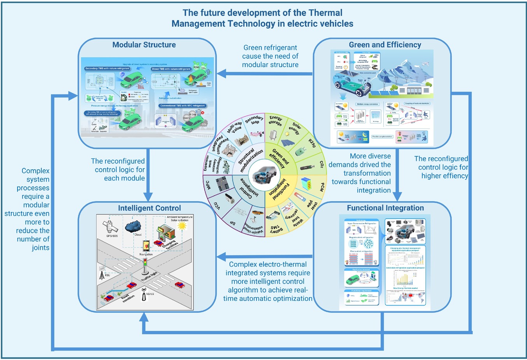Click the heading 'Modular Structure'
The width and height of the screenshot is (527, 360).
(x=144, y=45)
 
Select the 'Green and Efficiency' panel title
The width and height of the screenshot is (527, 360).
(x=385, y=45)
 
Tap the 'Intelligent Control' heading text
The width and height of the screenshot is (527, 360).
(x=149, y=208)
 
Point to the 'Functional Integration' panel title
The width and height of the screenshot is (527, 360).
(x=385, y=208)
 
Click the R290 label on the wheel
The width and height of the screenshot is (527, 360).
(x=312, y=143)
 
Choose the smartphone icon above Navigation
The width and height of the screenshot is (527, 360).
(x=146, y=246)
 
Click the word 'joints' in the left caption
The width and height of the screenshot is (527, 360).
(x=40, y=248)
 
